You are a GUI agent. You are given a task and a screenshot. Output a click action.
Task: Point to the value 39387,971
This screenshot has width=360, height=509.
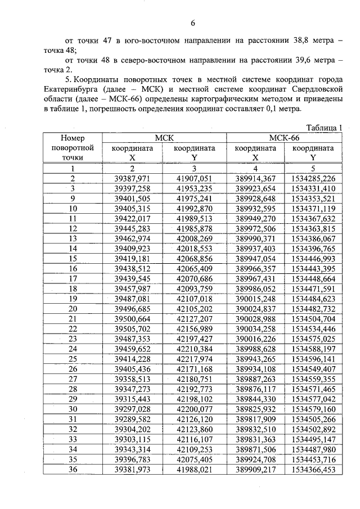point(132,178)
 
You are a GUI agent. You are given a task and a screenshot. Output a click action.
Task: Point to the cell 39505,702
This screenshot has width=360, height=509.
point(132,328)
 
